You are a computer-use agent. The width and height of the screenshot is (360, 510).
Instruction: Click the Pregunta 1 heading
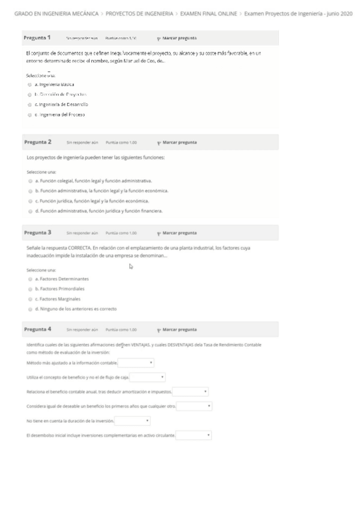click(37, 38)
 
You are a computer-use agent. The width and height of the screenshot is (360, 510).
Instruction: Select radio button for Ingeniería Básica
click(29, 86)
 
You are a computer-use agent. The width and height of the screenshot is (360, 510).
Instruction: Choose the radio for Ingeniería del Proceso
click(29, 114)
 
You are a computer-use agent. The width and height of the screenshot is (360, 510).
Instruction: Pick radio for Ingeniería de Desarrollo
click(29, 105)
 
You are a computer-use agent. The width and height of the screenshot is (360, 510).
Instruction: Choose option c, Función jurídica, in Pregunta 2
click(29, 201)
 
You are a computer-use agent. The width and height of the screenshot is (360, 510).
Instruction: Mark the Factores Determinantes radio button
click(29, 279)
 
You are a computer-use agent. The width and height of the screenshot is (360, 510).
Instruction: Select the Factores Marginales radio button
click(29, 299)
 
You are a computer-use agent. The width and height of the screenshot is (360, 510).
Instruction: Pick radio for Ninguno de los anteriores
click(29, 309)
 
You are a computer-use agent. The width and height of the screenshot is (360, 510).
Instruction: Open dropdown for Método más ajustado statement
click(136, 363)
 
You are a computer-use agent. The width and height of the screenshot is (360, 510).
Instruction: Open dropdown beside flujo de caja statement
click(147, 377)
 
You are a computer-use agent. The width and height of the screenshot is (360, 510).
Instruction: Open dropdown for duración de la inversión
click(132, 420)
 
